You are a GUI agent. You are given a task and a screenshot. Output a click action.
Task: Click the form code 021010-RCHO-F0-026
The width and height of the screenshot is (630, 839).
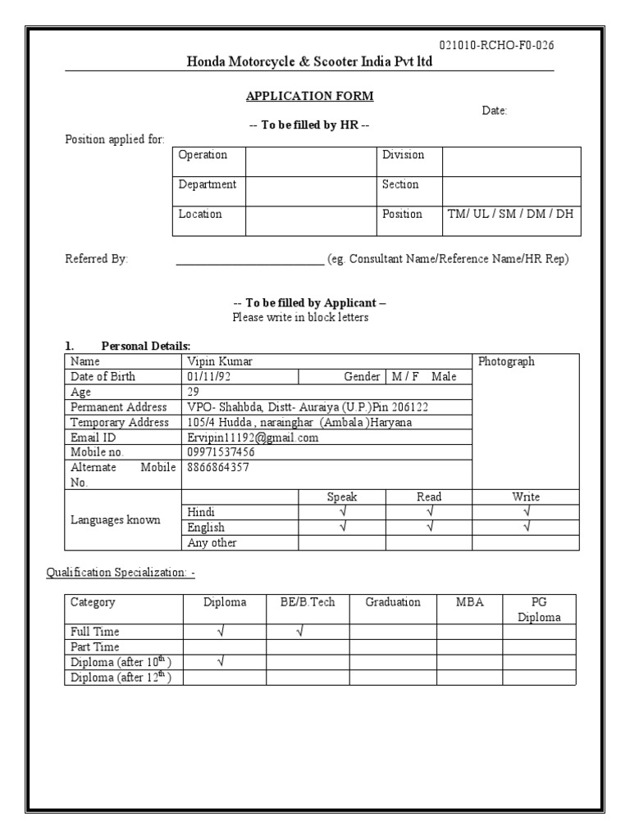pyautogui.click(x=496, y=45)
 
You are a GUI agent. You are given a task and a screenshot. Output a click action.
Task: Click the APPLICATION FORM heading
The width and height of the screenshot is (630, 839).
pyautogui.click(x=309, y=96)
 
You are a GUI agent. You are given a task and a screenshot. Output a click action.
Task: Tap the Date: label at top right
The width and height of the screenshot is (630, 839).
pyautogui.click(x=494, y=111)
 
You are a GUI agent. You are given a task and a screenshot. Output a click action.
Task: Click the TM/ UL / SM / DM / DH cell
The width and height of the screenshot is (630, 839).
pyautogui.click(x=510, y=214)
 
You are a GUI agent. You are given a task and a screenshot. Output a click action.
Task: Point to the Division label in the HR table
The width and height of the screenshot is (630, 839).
pyautogui.click(x=403, y=155)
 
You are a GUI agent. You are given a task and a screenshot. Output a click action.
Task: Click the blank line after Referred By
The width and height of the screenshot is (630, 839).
pyautogui.click(x=249, y=260)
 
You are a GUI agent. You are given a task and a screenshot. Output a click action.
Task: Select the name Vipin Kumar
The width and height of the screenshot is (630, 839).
pyautogui.click(x=219, y=361)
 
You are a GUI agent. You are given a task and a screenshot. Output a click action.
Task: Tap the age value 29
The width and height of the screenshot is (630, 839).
pyautogui.click(x=194, y=392)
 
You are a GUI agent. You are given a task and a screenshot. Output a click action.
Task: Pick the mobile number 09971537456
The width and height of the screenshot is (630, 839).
pyautogui.click(x=221, y=452)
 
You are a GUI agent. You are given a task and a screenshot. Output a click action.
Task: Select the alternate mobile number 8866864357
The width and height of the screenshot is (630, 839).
pyautogui.click(x=219, y=467)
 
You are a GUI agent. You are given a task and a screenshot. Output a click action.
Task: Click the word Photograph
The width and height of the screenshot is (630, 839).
pyautogui.click(x=506, y=361)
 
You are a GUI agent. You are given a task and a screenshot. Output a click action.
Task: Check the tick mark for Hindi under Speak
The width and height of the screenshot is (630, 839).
pyautogui.click(x=342, y=512)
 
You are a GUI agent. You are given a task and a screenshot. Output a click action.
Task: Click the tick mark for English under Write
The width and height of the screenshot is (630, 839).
pyautogui.click(x=526, y=527)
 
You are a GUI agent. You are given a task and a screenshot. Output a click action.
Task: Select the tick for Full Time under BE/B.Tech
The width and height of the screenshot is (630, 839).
pyautogui.click(x=299, y=632)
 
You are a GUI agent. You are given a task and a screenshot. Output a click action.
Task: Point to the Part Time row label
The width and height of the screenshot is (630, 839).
pyautogui.click(x=95, y=646)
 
